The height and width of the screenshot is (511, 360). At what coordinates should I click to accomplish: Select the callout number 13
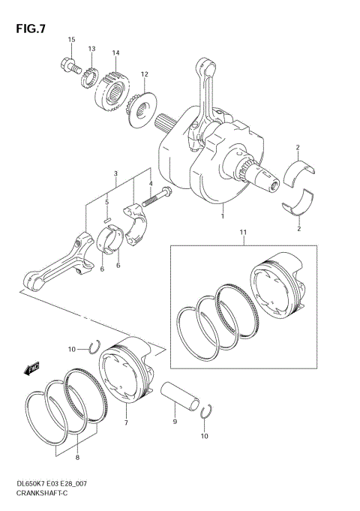[x=91, y=49]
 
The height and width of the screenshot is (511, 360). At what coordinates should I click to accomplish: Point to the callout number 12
[x=144, y=74]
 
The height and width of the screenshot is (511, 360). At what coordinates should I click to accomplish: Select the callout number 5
[x=107, y=202]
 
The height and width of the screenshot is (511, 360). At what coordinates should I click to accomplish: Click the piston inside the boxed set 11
[x=279, y=289]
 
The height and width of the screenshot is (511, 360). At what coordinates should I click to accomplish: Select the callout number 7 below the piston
[x=126, y=423]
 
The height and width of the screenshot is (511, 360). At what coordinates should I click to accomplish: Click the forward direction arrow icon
[x=31, y=369]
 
